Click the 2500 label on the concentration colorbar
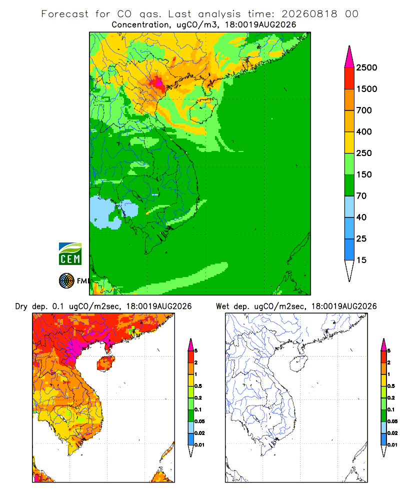(366, 67)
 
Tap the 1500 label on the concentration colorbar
(366, 89)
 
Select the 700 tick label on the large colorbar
(364, 110)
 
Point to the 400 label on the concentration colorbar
(364, 131)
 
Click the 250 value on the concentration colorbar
(364, 153)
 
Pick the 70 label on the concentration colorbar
(361, 196)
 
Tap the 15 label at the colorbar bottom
(361, 260)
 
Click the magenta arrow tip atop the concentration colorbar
(349, 46)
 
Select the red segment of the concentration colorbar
(349, 78)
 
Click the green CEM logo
(70, 254)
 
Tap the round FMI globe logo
(66, 281)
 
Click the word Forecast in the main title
(65, 14)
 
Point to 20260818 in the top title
(309, 14)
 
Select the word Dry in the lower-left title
(21, 306)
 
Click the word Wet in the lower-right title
(222, 306)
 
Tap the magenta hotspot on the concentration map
(158, 82)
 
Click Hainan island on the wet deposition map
(298, 364)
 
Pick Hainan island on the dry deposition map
(105, 363)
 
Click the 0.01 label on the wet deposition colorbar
(392, 445)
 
